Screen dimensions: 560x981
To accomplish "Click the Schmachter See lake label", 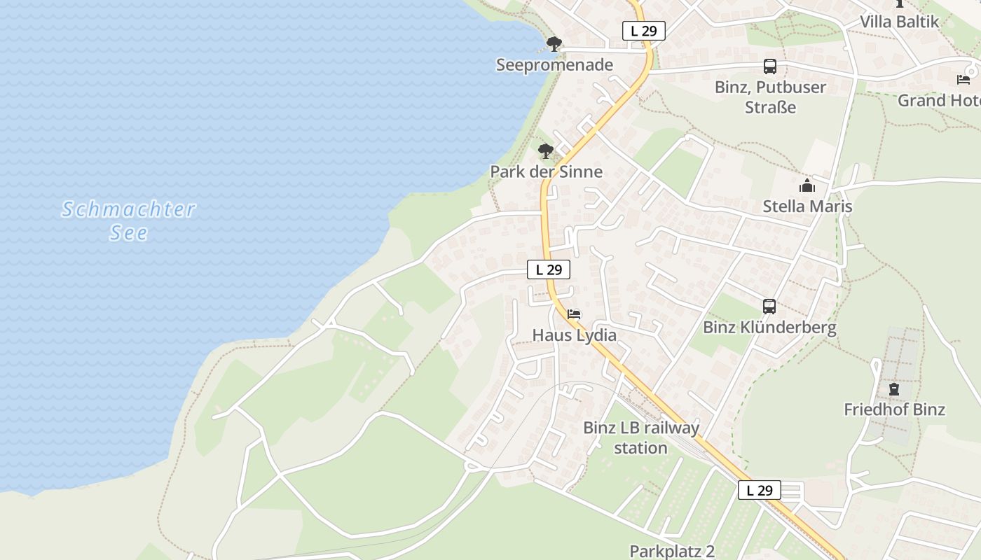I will click(x=128, y=220).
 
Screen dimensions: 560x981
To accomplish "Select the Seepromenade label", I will click(x=554, y=65).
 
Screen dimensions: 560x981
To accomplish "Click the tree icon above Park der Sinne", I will click(x=546, y=150).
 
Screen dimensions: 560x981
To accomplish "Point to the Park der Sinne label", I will click(x=546, y=171).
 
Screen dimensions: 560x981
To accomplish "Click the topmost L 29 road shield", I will click(x=643, y=31).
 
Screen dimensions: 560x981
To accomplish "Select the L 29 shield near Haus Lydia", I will click(x=549, y=269).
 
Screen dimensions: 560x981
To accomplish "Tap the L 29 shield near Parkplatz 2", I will click(x=760, y=490).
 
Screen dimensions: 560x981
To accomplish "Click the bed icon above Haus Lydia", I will click(x=575, y=314).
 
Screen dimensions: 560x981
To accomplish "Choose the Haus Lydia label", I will click(x=575, y=335).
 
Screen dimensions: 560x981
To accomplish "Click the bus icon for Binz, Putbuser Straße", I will click(x=770, y=66).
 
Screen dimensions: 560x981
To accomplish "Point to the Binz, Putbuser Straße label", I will click(x=770, y=97).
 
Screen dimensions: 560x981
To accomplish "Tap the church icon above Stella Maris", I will click(x=807, y=185).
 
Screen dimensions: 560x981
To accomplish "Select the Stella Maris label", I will click(x=807, y=206).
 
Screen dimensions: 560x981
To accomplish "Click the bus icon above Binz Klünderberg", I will click(x=769, y=307).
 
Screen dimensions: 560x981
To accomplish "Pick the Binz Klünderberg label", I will click(x=769, y=328).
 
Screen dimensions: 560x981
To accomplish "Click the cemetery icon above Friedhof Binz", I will click(x=894, y=388).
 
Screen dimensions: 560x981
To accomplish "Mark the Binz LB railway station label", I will click(x=641, y=437).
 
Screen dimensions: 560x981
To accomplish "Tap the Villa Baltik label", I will click(x=900, y=22).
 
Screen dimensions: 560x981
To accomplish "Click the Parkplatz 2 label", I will click(x=672, y=551).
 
